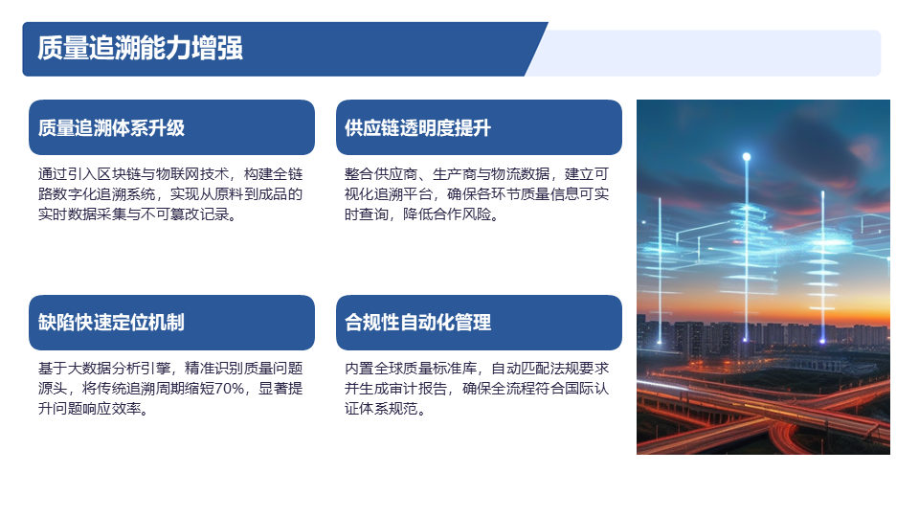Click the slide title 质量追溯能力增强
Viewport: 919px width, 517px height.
pos(140,48)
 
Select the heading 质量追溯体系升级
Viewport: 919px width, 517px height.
pos(111,127)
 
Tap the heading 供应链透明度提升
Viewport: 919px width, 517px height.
pos(418,127)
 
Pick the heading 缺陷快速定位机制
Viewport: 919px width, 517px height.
pos(111,323)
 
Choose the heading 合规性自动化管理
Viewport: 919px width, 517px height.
pos(418,323)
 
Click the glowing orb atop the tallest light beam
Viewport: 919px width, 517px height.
pos(747,156)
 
